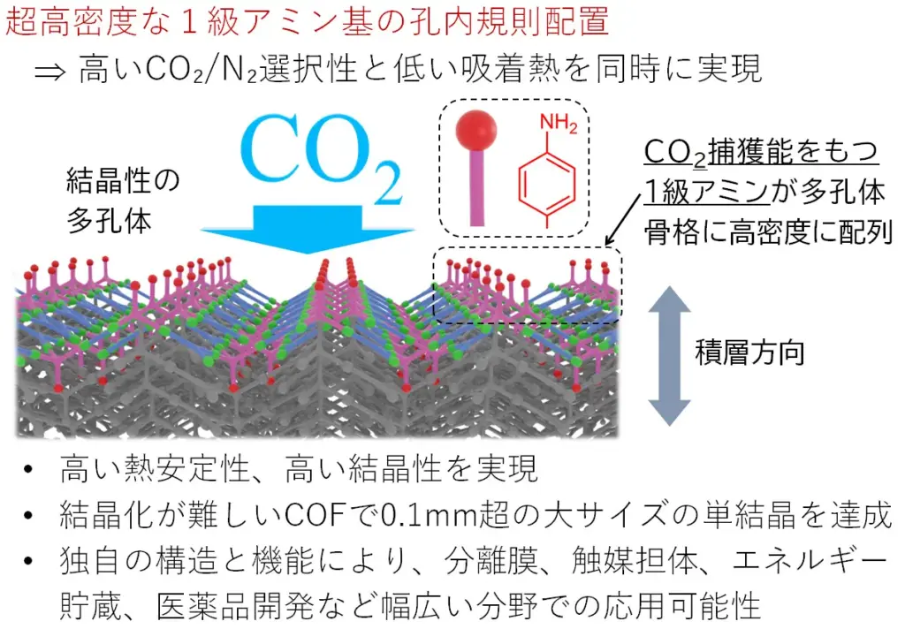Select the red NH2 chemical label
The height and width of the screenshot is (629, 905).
coord(559,122)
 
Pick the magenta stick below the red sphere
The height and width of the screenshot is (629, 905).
coord(477,187)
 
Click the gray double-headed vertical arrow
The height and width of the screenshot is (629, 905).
coord(669,355)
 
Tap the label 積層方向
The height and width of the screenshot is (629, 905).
coord(749,352)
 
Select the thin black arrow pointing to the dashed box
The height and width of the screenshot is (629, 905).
coord(623,219)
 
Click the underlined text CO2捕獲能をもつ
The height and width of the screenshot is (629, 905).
coord(761,152)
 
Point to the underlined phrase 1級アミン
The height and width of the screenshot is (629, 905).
coord(707,192)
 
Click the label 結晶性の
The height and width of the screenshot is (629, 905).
coord(123,180)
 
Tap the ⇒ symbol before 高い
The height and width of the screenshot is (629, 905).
coord(49,72)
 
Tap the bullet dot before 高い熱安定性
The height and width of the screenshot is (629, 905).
coord(28,468)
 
